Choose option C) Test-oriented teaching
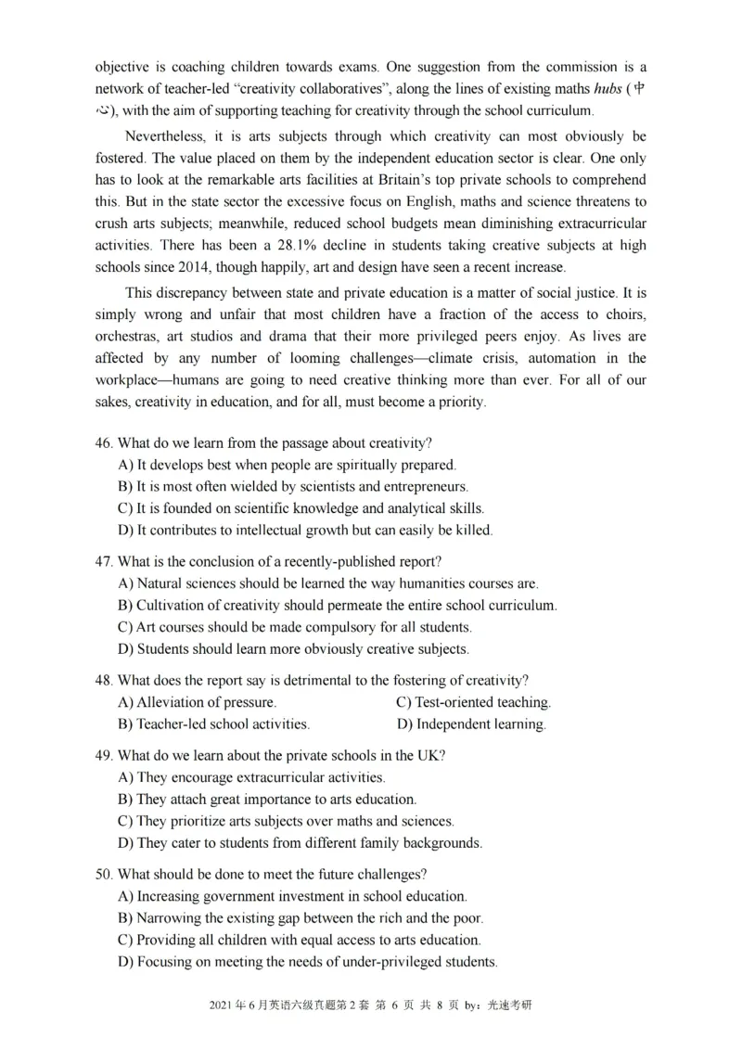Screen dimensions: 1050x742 (473, 702)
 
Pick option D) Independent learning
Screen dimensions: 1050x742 (471, 724)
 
